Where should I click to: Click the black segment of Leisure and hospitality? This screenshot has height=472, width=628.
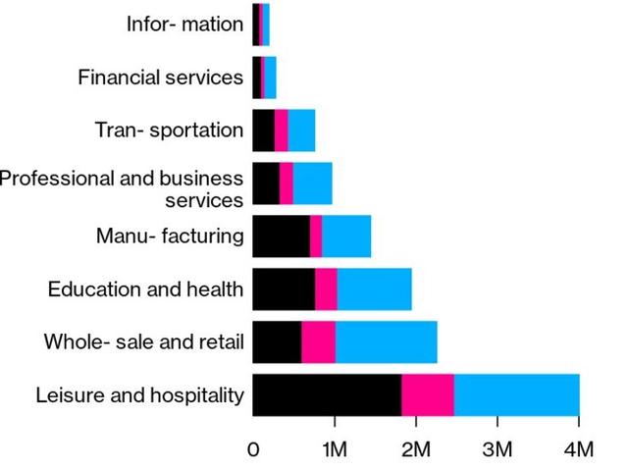(x=326, y=394)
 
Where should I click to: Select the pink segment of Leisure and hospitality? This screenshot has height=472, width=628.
(x=428, y=394)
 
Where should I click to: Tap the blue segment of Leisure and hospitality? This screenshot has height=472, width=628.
(x=516, y=394)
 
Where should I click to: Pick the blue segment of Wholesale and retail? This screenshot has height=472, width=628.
(x=386, y=341)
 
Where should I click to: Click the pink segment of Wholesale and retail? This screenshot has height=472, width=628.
(x=318, y=341)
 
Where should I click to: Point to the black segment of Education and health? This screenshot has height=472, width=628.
(x=284, y=288)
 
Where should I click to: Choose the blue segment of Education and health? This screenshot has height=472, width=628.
(x=374, y=288)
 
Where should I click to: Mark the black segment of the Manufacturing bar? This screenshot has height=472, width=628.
(x=281, y=236)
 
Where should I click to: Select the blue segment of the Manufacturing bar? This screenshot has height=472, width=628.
(x=346, y=236)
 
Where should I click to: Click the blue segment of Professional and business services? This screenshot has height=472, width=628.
(x=312, y=183)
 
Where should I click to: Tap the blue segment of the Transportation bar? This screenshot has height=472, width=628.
(x=301, y=130)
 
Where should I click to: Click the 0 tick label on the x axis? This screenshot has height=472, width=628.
(x=253, y=450)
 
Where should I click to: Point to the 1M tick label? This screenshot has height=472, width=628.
(x=335, y=450)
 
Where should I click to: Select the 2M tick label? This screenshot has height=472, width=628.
(x=416, y=450)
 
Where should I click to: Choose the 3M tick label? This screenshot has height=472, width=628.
(x=497, y=450)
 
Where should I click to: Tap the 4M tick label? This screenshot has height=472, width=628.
(x=579, y=450)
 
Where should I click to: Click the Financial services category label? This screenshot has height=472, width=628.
(x=160, y=77)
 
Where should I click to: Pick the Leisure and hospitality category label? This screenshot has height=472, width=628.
(x=139, y=395)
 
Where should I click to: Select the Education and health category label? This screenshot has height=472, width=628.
(x=145, y=288)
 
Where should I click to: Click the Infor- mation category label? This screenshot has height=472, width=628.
(x=184, y=24)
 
